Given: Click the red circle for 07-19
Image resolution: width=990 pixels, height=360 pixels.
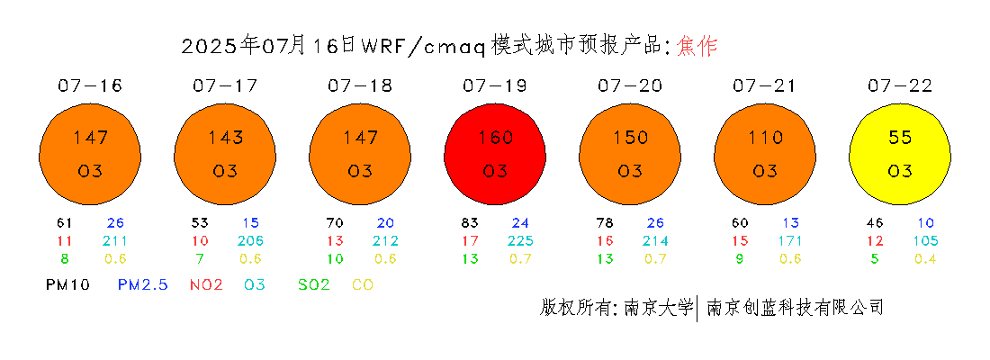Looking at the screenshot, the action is click(495, 154).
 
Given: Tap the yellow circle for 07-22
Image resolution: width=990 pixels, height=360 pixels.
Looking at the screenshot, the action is click(900, 154).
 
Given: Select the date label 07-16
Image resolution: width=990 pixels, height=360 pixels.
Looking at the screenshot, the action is click(90, 85).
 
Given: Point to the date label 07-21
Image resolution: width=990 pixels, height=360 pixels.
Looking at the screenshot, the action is click(765, 85).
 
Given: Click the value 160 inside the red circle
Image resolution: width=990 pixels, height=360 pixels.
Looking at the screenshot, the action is click(495, 137).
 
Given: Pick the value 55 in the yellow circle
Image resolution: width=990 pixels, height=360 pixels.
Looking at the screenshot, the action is click(900, 137).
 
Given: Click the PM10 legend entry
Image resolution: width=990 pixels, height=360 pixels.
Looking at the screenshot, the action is click(68, 284).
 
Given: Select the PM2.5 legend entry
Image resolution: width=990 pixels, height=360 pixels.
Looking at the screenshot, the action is click(143, 284).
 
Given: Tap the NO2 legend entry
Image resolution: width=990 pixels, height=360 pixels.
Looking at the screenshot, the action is click(206, 284).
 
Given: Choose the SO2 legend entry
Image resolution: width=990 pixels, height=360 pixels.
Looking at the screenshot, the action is click(314, 284).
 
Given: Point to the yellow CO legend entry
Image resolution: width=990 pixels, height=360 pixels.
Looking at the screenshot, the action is click(363, 284).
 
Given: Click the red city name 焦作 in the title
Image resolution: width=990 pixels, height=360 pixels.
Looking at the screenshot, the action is click(697, 46).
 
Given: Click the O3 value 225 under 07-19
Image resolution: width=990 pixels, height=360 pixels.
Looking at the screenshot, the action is click(521, 240).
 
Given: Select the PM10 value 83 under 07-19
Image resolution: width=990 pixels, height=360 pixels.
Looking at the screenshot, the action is click(470, 223).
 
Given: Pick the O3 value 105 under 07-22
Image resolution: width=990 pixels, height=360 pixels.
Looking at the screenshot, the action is click(925, 240).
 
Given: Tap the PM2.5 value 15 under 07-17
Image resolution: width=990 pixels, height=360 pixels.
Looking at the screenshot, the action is click(251, 223).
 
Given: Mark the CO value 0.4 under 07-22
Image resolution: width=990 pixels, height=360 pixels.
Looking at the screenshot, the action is click(925, 258).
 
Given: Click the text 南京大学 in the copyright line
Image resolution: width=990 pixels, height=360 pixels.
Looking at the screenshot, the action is click(659, 308).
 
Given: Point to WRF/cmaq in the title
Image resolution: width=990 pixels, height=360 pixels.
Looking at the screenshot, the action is click(423, 47).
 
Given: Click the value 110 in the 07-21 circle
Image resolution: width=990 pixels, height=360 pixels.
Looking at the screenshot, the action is click(765, 137).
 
